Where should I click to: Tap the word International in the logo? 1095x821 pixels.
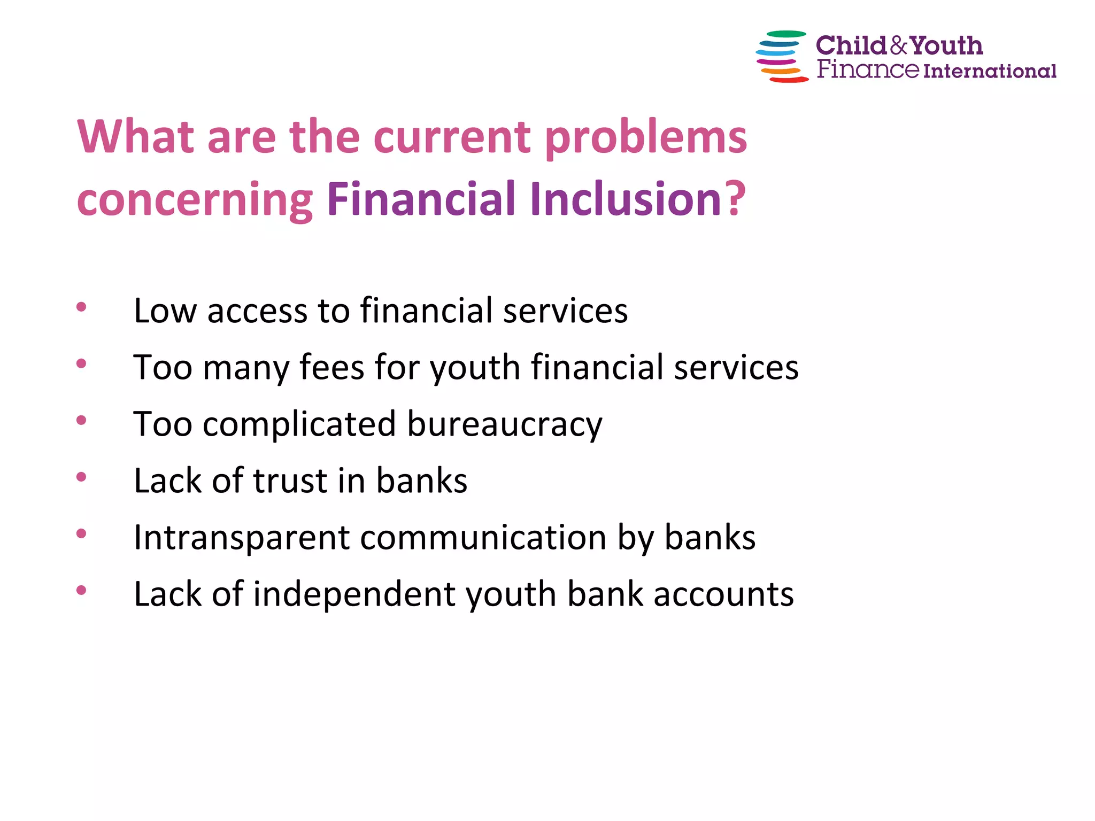(x=990, y=71)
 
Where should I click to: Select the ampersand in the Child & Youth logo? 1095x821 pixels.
(x=899, y=46)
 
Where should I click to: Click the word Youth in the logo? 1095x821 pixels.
(x=946, y=46)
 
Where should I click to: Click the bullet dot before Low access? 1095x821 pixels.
(x=81, y=307)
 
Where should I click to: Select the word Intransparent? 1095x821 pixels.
(x=242, y=538)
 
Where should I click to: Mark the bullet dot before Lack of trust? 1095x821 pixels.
(x=81, y=477)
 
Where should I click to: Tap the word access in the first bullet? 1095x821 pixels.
(x=257, y=311)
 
